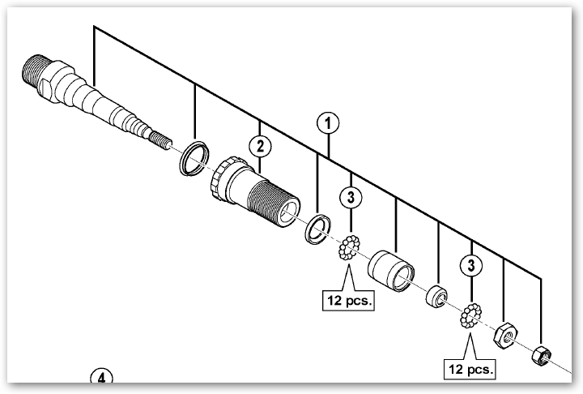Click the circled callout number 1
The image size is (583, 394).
click(327, 124)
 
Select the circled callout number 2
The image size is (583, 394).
click(258, 147)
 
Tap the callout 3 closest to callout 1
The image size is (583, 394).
click(351, 196)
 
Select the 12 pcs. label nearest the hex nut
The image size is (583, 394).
click(470, 370)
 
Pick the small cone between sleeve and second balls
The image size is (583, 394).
click(438, 296)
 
